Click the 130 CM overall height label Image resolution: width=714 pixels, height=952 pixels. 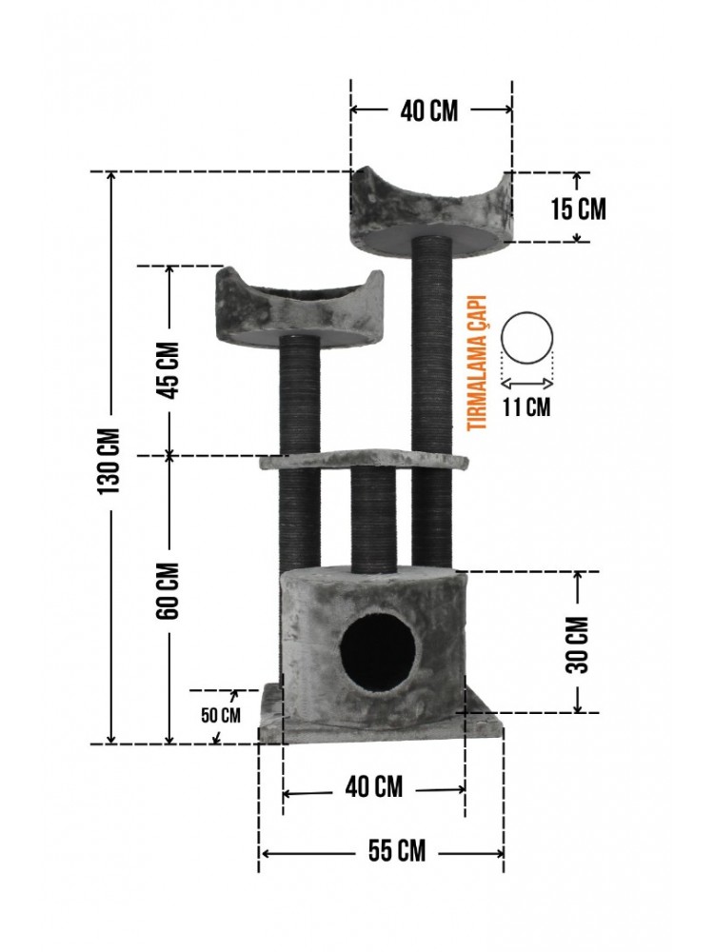110,460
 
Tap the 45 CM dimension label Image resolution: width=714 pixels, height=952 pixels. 169,370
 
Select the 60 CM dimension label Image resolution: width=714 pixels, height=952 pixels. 169,590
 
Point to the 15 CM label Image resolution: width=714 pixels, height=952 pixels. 579,208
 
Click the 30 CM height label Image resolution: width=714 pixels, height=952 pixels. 578,645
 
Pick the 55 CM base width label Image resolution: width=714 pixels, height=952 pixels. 397,850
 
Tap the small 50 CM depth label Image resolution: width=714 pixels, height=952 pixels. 221,715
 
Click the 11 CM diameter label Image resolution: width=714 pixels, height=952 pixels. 526,407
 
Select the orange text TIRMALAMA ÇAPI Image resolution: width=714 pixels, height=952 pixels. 478,363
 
